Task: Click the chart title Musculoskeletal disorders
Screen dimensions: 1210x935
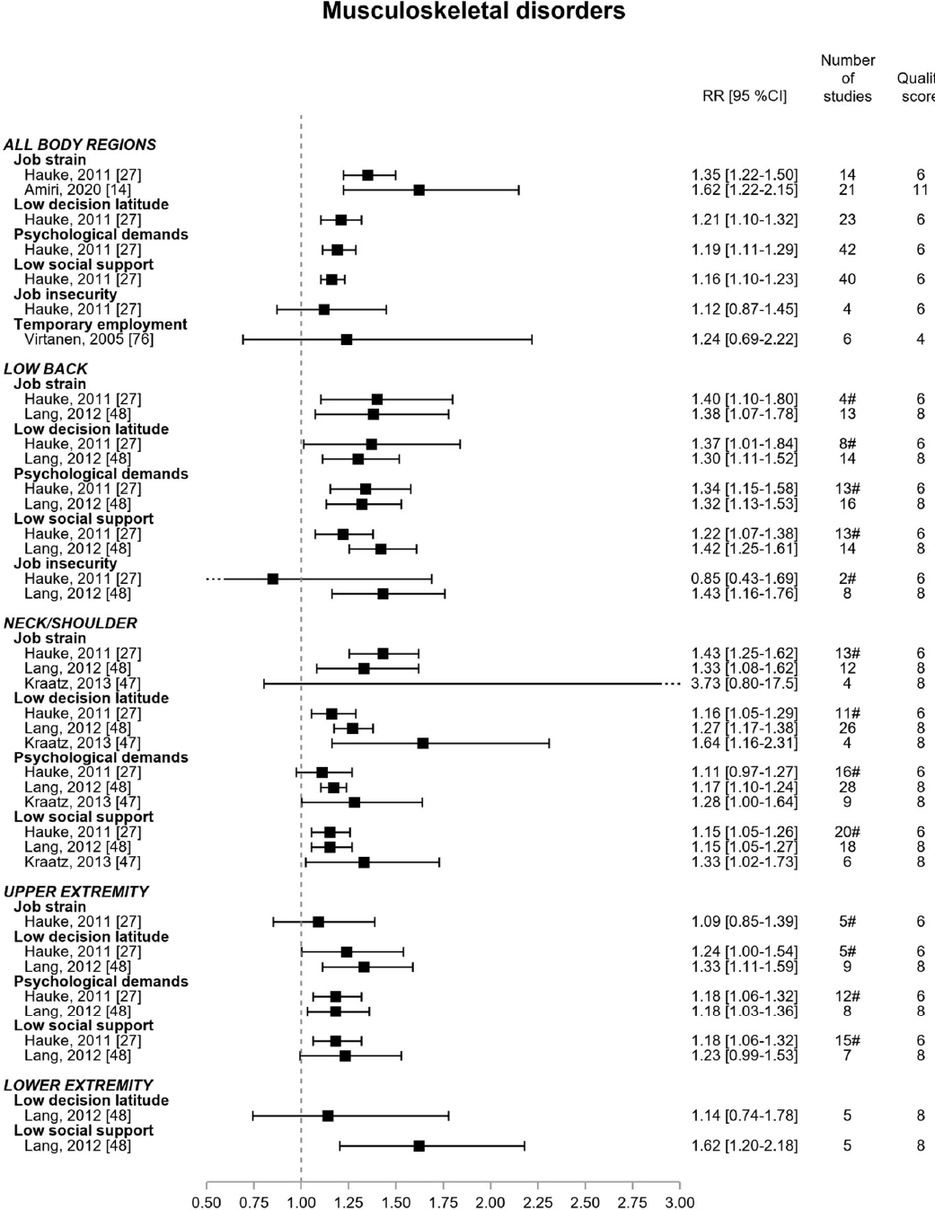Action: pos(473,12)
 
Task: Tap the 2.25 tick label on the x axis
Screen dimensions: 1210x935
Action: pos(538,1203)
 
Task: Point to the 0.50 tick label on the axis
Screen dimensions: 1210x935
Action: pos(207,1203)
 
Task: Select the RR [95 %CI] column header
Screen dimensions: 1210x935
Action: pos(744,96)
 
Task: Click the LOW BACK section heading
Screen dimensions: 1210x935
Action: pos(46,368)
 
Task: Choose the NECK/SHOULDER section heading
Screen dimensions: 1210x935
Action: pos(71,623)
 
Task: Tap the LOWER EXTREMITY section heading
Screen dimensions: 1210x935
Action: pos(78,1085)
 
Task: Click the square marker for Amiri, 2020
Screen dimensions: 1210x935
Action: pos(419,190)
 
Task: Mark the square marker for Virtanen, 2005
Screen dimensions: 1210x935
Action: pos(347,339)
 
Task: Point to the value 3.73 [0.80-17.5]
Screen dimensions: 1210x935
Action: pos(744,683)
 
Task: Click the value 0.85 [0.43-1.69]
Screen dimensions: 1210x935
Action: pos(744,579)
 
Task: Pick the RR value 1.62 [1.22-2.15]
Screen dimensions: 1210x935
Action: pos(744,190)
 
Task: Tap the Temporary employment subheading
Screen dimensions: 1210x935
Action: pos(101,324)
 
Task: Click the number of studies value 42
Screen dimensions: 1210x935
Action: pos(847,249)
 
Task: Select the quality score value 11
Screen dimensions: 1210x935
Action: pos(920,190)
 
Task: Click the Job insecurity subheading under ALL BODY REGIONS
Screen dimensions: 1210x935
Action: pos(65,294)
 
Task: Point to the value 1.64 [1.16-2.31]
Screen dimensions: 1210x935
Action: pos(744,743)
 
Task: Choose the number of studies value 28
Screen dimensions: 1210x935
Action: pos(847,787)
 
